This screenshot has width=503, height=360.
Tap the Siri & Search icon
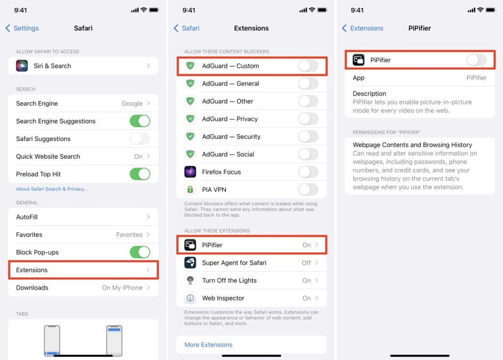point(22,66)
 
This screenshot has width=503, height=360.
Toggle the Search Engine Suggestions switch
point(140,121)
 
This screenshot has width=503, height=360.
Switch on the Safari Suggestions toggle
point(140,139)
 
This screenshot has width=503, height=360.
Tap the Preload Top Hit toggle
point(140,174)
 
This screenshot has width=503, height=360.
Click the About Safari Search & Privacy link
point(52,189)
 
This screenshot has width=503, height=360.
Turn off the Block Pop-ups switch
point(140,252)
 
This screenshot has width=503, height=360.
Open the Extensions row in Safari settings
point(83,270)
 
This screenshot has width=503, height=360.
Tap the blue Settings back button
point(22,28)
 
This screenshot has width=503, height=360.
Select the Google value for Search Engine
point(132,103)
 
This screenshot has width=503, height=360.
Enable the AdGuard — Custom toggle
point(308,66)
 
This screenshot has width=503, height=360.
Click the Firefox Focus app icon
point(190,172)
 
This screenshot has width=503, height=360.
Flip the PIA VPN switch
point(308,190)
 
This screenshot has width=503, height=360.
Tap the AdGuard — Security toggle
point(308,137)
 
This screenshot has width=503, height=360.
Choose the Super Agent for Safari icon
point(190,263)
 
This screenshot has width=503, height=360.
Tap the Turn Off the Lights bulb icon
point(190,280)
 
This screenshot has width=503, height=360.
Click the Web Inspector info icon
point(190,298)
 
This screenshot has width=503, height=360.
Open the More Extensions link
point(208,345)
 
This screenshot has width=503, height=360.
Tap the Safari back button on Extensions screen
point(186,28)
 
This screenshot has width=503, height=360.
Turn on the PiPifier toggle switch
point(476,60)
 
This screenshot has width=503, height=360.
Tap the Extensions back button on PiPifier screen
point(363,28)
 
